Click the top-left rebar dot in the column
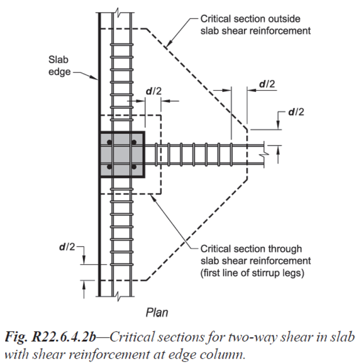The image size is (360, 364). point(109,142)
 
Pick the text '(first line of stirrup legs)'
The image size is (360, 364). point(252,273)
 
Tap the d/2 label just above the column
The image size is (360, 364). point(153,91)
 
